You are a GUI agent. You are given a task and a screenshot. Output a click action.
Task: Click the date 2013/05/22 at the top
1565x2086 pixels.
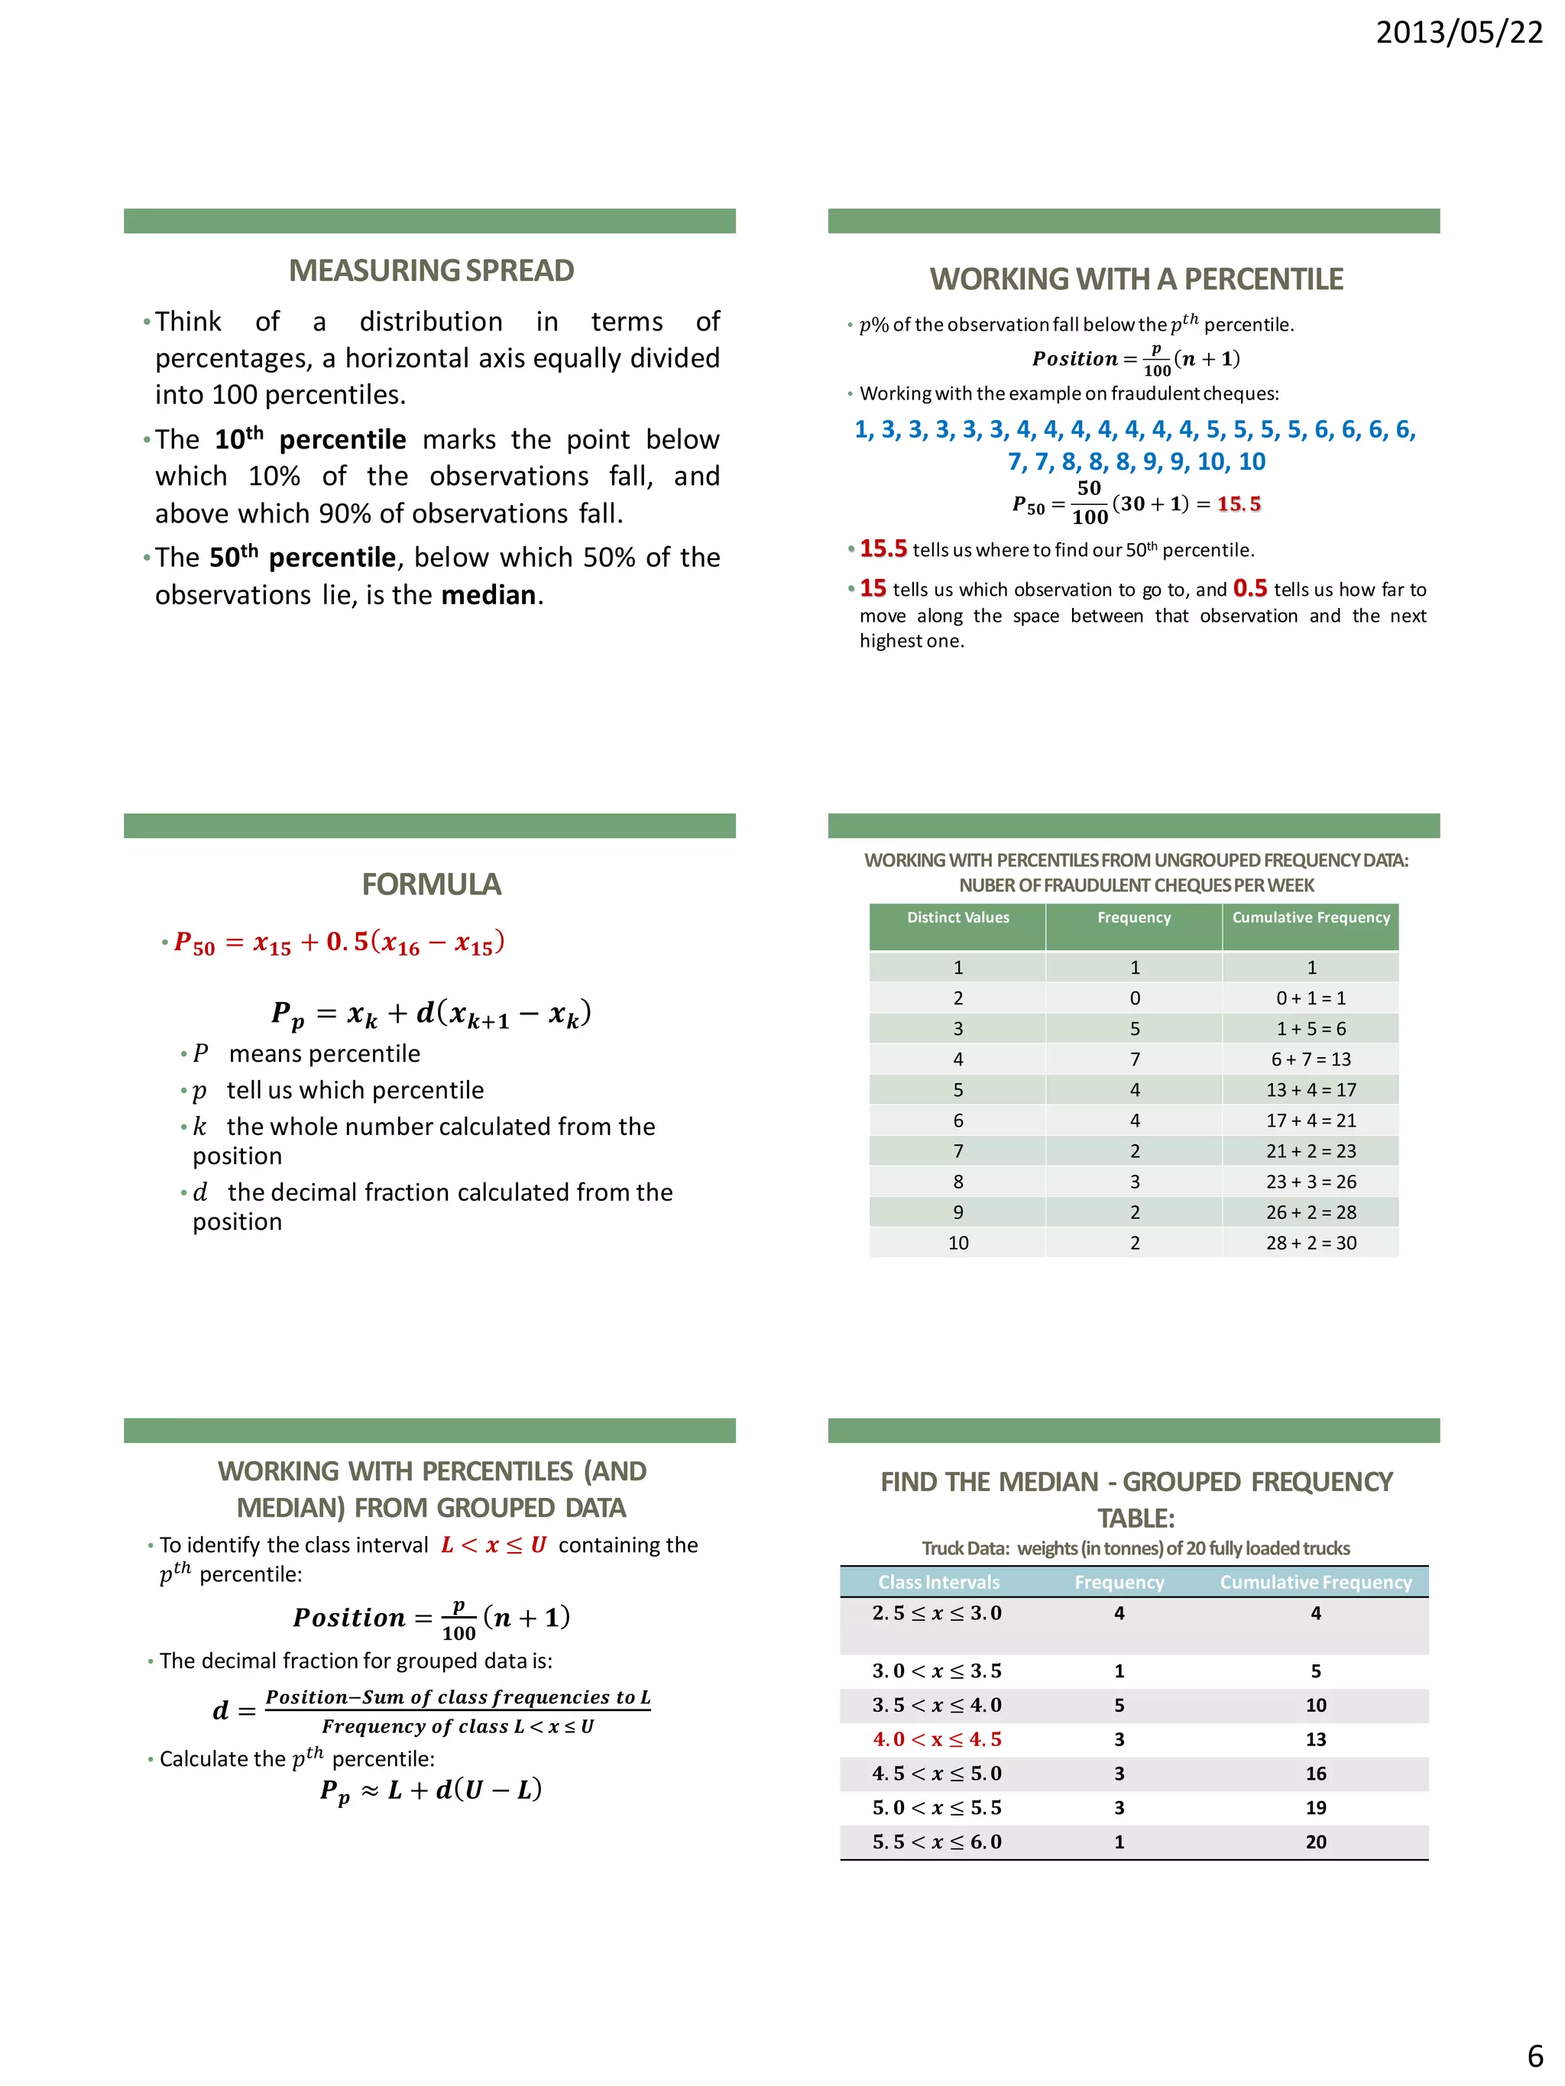point(1459,33)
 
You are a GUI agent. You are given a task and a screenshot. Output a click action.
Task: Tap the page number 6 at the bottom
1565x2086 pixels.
point(1534,2055)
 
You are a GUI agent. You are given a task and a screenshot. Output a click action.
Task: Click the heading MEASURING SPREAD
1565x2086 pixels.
point(431,270)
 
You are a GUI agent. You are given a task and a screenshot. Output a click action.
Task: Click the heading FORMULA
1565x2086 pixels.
point(431,884)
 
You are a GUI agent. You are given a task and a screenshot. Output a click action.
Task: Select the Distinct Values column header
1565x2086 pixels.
point(957,917)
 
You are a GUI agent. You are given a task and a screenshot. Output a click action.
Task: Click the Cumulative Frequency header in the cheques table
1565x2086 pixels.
point(1311,917)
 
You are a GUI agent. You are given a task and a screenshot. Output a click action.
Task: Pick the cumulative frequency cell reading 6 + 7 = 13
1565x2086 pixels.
point(1311,1059)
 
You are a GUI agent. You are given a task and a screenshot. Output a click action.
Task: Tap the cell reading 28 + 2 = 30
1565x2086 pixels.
point(1311,1243)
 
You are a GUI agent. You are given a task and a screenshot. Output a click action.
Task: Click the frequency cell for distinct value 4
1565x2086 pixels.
point(1135,1059)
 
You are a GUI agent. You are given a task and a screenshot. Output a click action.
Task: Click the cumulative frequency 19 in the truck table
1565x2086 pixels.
point(1316,1808)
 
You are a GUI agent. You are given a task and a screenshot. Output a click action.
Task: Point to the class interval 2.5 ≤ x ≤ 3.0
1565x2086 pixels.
point(937,1613)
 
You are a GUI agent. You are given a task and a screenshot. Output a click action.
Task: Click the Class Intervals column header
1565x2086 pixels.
point(938,1583)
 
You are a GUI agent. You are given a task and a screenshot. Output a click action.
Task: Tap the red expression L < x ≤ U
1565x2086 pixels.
point(494,1544)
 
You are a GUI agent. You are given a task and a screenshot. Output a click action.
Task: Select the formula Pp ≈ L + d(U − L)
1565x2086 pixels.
point(431,1790)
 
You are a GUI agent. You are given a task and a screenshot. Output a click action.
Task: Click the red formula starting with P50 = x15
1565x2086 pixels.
point(339,942)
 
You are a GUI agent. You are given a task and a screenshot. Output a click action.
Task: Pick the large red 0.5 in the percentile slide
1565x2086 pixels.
point(1250,588)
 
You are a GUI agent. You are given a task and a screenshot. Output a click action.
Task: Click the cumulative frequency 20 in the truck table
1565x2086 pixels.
point(1316,1842)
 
